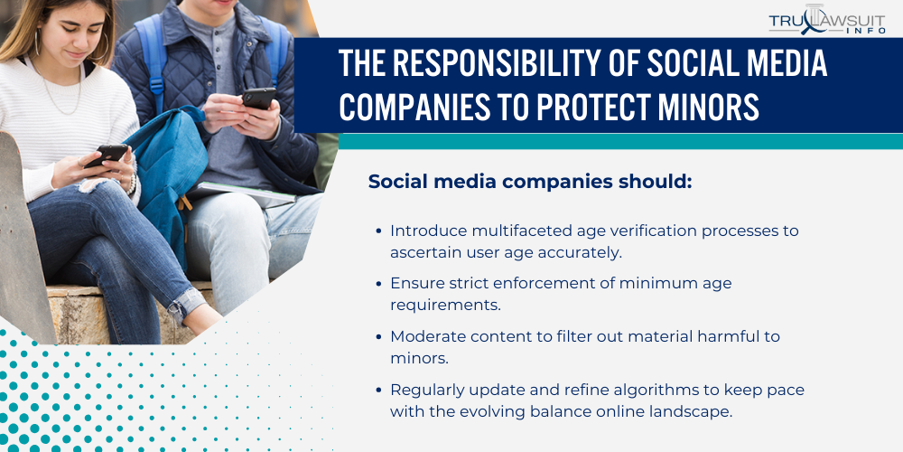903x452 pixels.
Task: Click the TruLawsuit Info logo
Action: tap(827, 20)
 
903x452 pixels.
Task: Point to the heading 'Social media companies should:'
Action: tap(530, 182)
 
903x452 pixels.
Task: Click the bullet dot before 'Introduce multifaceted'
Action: tap(378, 231)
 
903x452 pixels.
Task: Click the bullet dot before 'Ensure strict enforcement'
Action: tap(378, 283)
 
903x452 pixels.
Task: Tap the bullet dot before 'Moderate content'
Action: tap(378, 336)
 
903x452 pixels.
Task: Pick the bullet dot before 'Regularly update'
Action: tap(378, 391)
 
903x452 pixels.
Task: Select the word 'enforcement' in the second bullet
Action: tap(545, 283)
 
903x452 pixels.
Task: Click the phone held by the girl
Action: tap(106, 155)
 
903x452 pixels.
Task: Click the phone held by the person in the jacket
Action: tap(258, 98)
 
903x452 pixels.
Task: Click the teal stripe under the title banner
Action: tap(620, 141)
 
